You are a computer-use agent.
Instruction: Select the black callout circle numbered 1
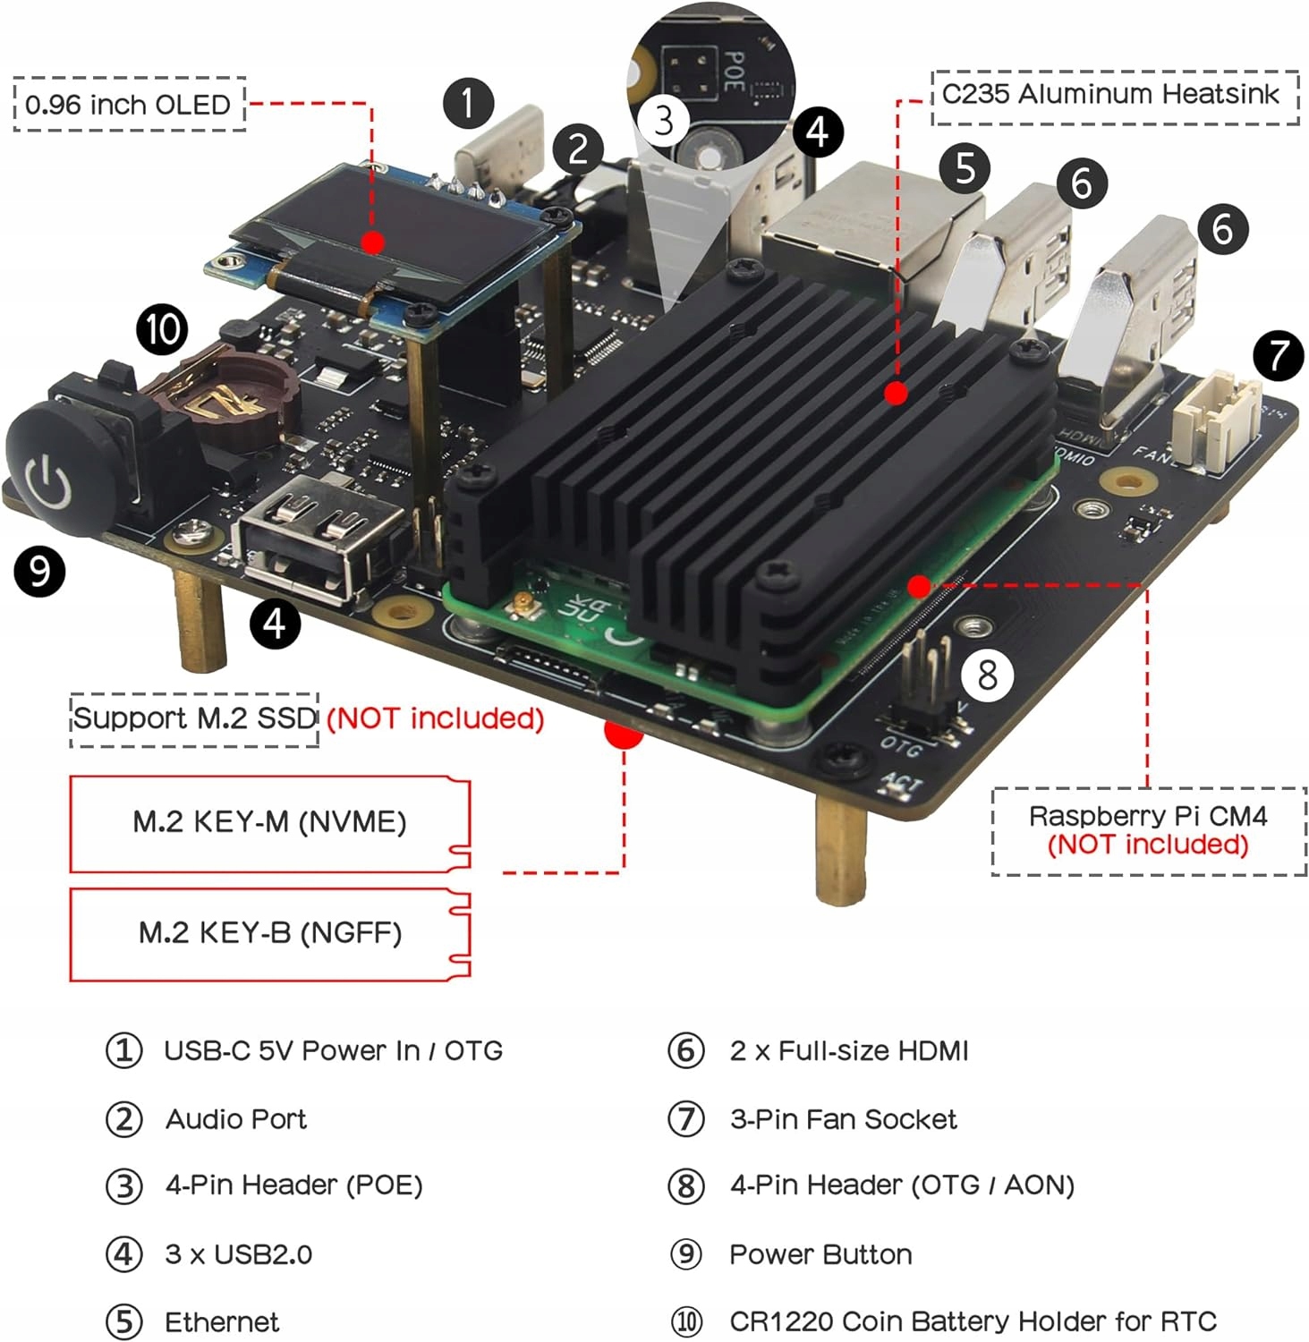pos(468,103)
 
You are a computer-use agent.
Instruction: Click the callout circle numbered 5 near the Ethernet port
pos(965,167)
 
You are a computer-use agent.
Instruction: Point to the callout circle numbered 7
pos(1278,355)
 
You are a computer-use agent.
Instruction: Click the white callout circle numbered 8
pos(987,675)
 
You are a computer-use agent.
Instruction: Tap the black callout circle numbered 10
pos(162,328)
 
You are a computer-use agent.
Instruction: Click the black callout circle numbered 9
pos(39,570)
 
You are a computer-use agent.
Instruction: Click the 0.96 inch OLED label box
pos(130,105)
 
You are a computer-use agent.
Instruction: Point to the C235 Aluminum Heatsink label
pos(1114,95)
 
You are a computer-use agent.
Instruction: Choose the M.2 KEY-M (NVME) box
pos(269,822)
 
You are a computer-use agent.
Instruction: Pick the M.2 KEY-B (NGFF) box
pos(269,933)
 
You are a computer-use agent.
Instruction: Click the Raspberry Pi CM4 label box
pos(1148,830)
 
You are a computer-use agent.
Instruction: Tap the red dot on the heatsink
pos(896,393)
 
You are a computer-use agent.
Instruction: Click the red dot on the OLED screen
pos(373,242)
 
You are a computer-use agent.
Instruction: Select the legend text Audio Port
pos(236,1119)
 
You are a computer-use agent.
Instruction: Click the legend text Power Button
pos(820,1254)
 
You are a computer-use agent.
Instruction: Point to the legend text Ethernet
pos(222,1321)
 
